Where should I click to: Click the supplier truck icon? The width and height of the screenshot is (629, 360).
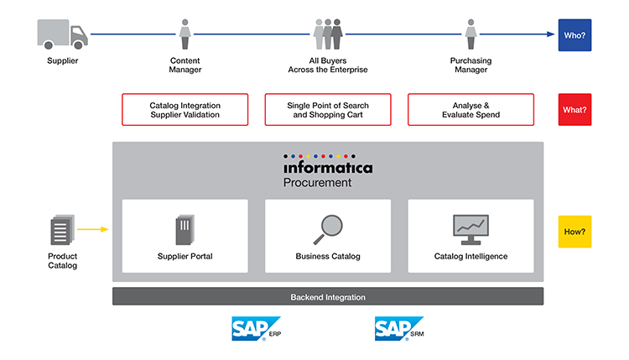tap(62, 34)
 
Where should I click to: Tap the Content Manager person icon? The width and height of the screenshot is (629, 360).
tap(185, 34)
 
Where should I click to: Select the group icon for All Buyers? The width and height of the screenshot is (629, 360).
tap(327, 34)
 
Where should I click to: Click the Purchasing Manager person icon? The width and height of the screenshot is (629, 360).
tap(470, 34)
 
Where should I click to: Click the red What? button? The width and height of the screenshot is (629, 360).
tap(574, 110)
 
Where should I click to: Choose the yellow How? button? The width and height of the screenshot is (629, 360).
tap(574, 232)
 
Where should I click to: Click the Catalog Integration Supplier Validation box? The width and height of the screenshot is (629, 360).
tap(185, 110)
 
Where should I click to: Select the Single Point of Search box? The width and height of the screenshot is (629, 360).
tap(328, 110)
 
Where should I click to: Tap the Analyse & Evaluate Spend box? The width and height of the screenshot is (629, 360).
tap(470, 110)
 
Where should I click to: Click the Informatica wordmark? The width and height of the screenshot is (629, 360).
tap(327, 168)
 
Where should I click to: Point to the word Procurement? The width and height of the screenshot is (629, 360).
tap(317, 183)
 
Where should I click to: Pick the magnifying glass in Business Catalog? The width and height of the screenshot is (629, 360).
tap(327, 229)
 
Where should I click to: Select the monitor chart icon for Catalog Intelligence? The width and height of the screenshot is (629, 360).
tap(470, 228)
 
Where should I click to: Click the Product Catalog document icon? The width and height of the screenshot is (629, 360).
tap(62, 231)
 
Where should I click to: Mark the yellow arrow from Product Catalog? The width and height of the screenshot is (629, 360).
tap(93, 228)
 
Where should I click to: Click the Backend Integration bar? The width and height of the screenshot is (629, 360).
tap(328, 297)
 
